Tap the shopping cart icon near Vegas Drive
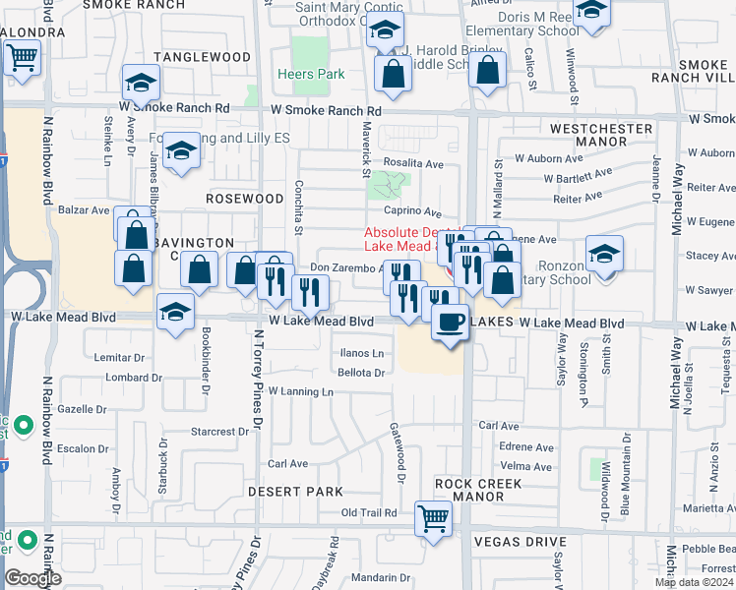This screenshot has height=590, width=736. click(434, 518)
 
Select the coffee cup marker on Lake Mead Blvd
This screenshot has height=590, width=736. click(451, 323)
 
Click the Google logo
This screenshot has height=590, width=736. click(32, 578)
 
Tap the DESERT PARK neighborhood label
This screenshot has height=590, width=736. click(295, 491)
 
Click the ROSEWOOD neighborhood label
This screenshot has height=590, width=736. click(245, 198)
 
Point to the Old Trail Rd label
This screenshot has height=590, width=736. click(368, 513)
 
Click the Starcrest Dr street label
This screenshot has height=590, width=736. click(219, 431)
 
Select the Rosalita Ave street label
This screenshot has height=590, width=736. click(414, 164)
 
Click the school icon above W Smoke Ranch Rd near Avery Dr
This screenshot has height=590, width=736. click(141, 83)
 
